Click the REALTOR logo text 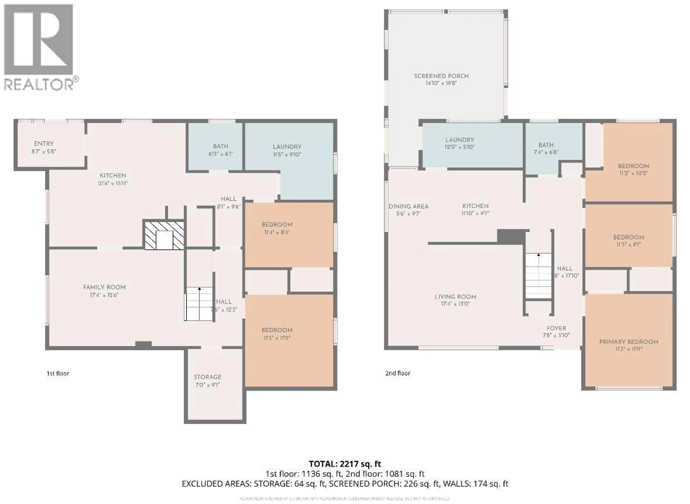click(39, 84)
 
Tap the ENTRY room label click(44, 144)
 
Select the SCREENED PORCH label click(441, 76)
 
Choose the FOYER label click(556, 328)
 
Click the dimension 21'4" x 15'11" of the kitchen click(113, 183)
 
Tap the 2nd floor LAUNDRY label click(459, 140)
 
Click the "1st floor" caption click(58, 374)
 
